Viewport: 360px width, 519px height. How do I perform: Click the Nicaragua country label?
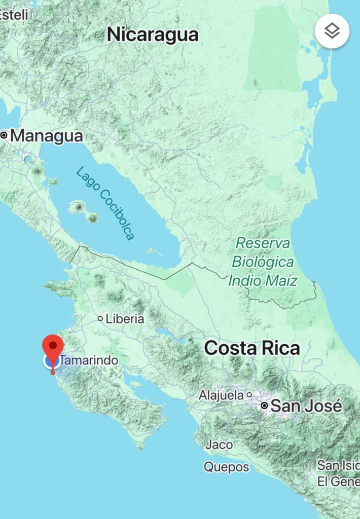(x=153, y=35)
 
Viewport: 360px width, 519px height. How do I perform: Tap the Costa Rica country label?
(x=252, y=348)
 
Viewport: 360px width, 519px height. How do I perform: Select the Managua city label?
(x=46, y=136)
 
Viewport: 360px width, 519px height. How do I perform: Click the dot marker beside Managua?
(x=4, y=135)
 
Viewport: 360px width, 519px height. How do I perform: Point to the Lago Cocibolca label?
(x=105, y=203)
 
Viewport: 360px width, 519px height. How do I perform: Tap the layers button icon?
(x=332, y=31)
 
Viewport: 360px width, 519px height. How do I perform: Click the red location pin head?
(x=53, y=346)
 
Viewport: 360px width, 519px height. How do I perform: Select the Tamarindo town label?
(x=90, y=361)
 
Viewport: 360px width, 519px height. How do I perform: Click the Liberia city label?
(x=125, y=319)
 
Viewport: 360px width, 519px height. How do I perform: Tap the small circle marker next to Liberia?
(x=100, y=319)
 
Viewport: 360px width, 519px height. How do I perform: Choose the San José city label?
(x=306, y=406)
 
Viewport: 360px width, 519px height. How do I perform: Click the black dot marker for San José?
(x=264, y=406)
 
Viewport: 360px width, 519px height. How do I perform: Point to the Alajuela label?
(x=222, y=394)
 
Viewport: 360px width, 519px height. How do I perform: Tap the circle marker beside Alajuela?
(x=249, y=394)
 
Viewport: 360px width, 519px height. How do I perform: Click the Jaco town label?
(x=220, y=444)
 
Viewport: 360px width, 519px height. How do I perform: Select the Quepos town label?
(x=227, y=467)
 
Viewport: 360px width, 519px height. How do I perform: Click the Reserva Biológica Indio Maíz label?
(x=262, y=262)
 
